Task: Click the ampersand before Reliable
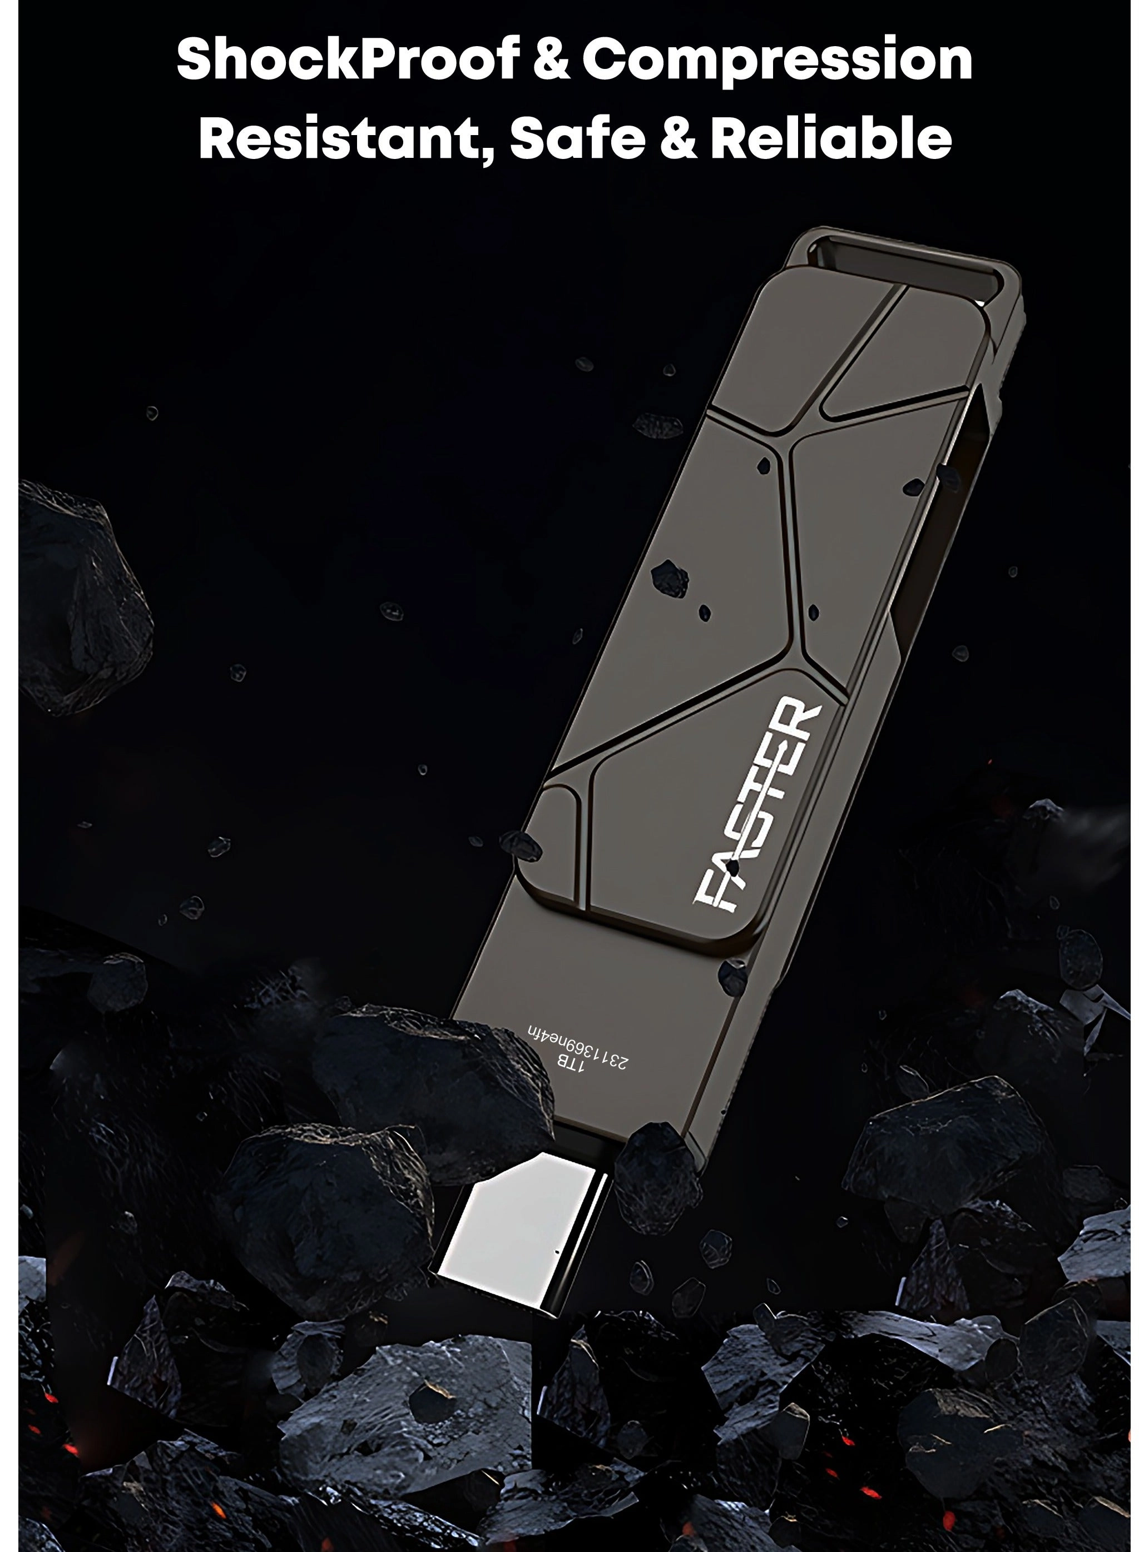684,138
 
